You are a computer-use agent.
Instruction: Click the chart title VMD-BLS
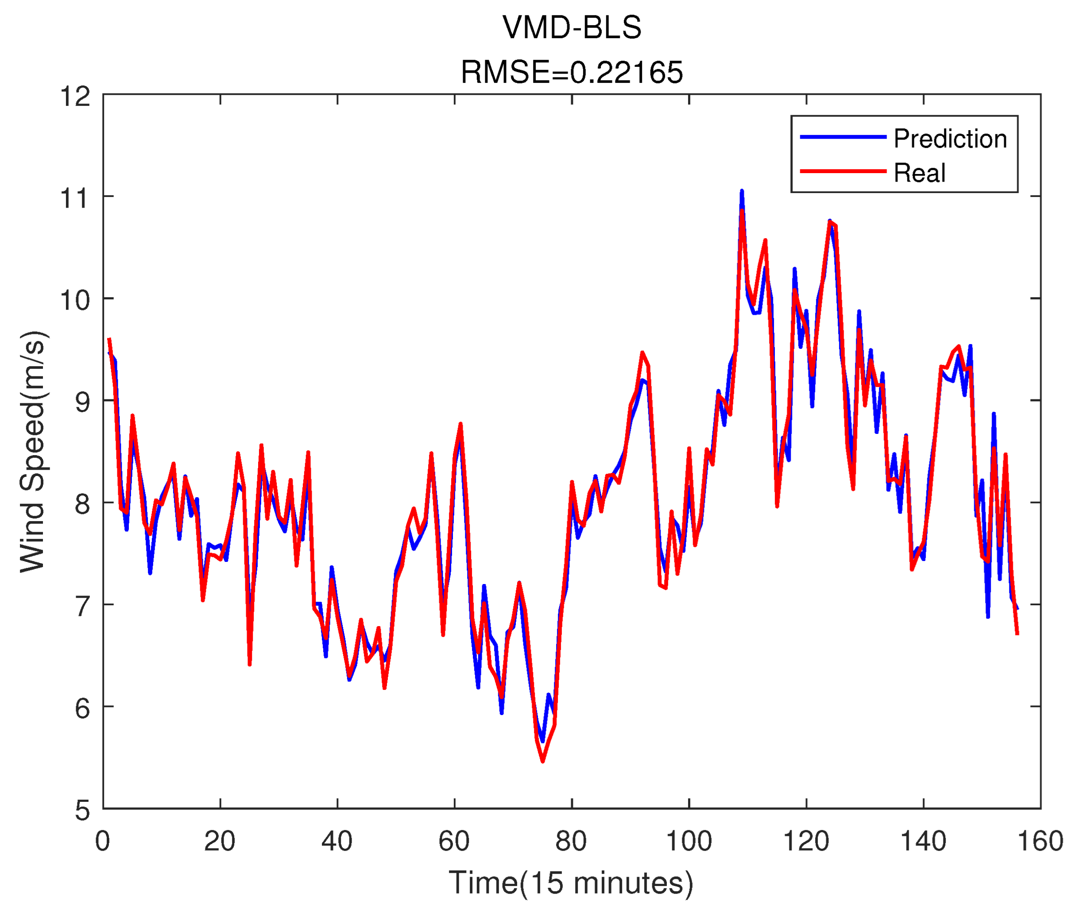(572, 27)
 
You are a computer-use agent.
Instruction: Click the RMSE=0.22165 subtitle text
(572, 72)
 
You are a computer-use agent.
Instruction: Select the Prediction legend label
(950, 139)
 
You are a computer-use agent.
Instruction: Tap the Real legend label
(919, 173)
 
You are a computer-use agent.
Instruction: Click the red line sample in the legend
(843, 171)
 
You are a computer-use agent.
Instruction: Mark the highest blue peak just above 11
(742, 191)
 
